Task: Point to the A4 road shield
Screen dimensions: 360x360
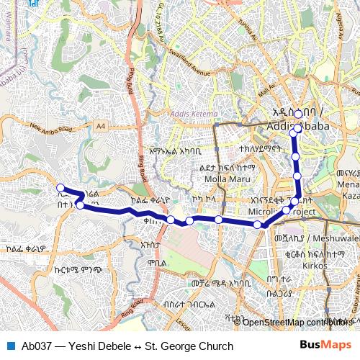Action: (x=100, y=126)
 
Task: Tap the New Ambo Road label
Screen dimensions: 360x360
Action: (x=51, y=129)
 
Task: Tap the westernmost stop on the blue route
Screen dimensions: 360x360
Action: (x=60, y=189)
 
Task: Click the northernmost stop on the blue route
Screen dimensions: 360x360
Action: (x=298, y=114)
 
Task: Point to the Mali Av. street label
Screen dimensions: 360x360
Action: (x=268, y=91)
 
